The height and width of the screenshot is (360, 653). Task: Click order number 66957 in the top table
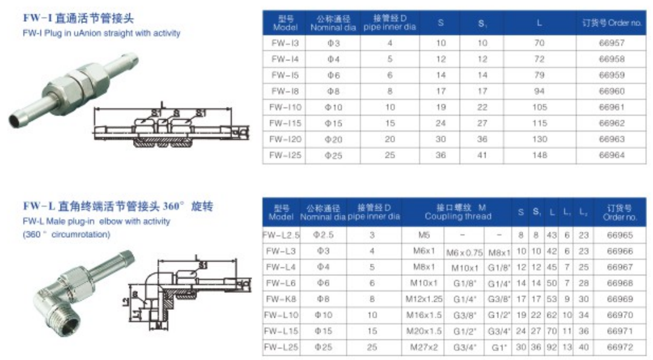(611, 44)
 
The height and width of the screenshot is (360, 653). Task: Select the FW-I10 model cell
(286, 107)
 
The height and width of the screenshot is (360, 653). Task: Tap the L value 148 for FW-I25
(539, 155)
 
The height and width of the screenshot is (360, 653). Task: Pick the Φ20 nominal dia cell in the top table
(334, 139)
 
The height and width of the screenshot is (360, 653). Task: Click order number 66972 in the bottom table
(619, 347)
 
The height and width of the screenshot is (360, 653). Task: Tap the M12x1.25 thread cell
(427, 299)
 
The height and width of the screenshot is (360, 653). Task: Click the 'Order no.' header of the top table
(611, 24)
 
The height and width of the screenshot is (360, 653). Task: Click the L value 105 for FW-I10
(539, 107)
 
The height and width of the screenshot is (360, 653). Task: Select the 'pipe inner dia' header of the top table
(390, 27)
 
